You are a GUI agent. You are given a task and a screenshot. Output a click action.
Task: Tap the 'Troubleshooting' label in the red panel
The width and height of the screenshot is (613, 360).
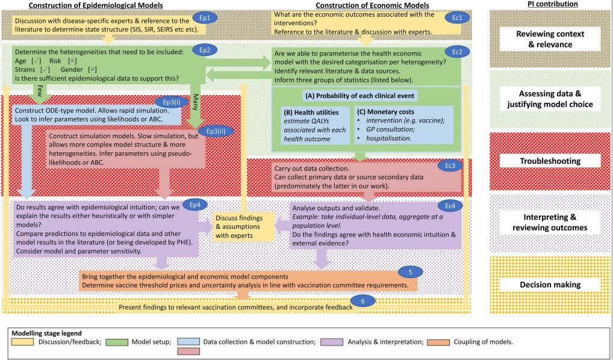550,161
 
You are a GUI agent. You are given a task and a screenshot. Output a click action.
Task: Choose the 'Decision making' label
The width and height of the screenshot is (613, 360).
550,284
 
